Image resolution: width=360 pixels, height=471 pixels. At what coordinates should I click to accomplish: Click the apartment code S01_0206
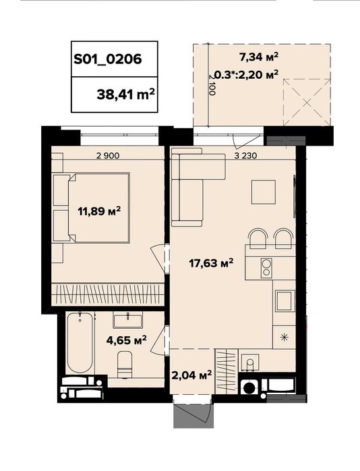click(x=108, y=59)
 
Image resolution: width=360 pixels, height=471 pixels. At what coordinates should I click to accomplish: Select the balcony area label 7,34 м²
click(x=258, y=57)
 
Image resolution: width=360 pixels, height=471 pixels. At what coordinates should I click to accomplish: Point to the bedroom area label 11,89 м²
click(x=99, y=211)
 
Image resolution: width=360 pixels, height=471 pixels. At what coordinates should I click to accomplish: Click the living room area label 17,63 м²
click(x=211, y=263)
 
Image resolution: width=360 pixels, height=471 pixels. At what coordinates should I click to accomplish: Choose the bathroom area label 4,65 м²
click(x=127, y=340)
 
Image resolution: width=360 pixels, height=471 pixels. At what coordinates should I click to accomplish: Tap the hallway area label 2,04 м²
click(x=191, y=375)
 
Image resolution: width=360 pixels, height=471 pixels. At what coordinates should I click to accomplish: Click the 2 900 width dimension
click(x=108, y=156)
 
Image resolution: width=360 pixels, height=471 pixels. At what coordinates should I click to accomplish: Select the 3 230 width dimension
click(x=245, y=156)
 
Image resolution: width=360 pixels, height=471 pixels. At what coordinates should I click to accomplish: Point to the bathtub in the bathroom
click(x=80, y=342)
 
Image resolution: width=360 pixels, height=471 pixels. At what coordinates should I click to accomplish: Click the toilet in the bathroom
click(x=125, y=365)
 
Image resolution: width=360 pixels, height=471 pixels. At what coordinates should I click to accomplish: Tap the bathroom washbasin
click(x=127, y=320)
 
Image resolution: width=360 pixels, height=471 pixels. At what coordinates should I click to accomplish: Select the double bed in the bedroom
click(x=92, y=207)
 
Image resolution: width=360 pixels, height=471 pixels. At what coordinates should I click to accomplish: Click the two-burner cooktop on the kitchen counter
click(x=266, y=268)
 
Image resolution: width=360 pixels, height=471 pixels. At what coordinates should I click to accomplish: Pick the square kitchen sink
click(x=283, y=301)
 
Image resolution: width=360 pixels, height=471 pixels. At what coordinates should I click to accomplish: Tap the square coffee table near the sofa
click(x=264, y=192)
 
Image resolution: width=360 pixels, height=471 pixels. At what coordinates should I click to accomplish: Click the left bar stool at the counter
click(x=258, y=239)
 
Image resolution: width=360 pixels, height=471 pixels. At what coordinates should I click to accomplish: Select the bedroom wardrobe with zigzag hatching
click(x=108, y=294)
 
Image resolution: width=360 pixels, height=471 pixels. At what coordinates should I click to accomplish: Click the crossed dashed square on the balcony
click(x=307, y=102)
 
